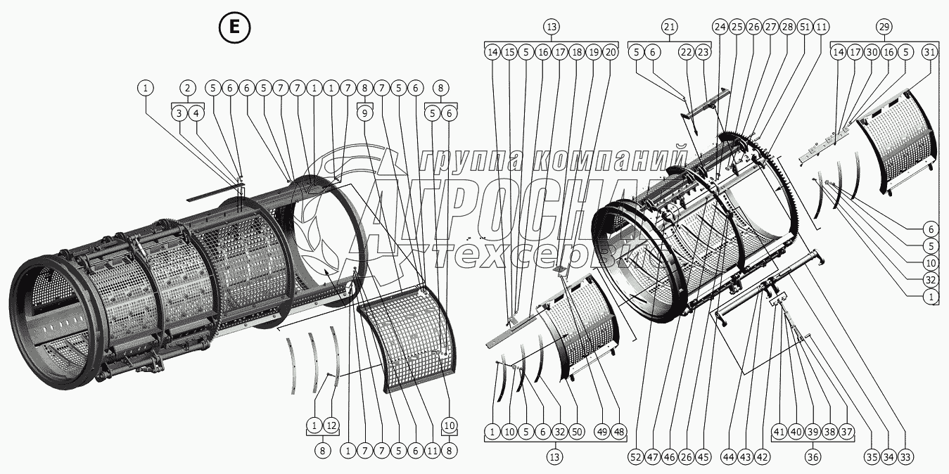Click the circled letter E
point(235,27)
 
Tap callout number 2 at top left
point(188,88)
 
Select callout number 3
point(179,113)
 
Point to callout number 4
point(196,113)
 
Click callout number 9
point(365,113)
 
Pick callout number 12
point(331,425)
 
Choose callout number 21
point(670,27)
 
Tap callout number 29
point(884,27)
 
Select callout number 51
point(804,27)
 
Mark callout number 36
point(813,457)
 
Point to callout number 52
point(636,457)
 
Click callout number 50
point(577,432)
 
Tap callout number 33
point(905,457)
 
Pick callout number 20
point(610,52)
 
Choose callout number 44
point(728,457)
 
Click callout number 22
point(687,52)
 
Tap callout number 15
point(509,52)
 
